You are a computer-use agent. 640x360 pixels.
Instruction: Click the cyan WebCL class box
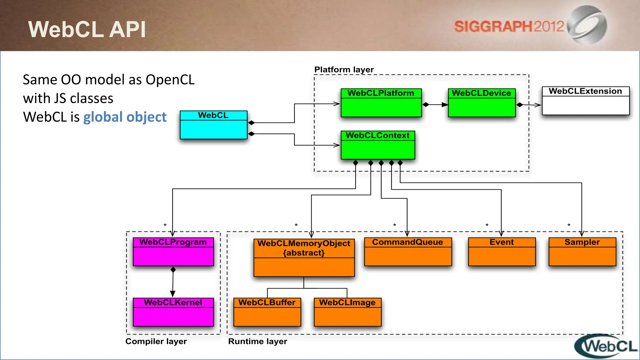[213, 125]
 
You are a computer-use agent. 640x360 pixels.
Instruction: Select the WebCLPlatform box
[381, 103]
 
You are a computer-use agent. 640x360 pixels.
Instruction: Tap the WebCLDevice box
[482, 103]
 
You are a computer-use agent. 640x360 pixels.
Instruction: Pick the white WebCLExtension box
[585, 101]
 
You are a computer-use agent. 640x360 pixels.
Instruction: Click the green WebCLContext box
[378, 145]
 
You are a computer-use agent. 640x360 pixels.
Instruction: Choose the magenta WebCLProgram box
[173, 252]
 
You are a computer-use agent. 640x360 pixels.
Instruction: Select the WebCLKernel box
[173, 312]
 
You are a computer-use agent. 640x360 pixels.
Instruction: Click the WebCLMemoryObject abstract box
[304, 257]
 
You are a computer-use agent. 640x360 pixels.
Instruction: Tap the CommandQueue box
[408, 252]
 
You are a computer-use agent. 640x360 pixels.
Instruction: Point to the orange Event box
[502, 252]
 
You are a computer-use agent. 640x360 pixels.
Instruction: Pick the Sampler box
[582, 252]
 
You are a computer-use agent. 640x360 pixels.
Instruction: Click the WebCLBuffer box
[267, 312]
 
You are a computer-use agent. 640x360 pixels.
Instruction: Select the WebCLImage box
[347, 312]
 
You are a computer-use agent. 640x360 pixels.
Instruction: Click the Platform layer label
[344, 69]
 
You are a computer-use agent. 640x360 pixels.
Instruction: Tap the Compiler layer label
[156, 341]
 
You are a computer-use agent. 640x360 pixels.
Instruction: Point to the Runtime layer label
[257, 341]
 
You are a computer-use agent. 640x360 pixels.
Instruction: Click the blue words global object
[125, 117]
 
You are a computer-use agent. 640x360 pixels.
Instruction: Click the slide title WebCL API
[87, 29]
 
